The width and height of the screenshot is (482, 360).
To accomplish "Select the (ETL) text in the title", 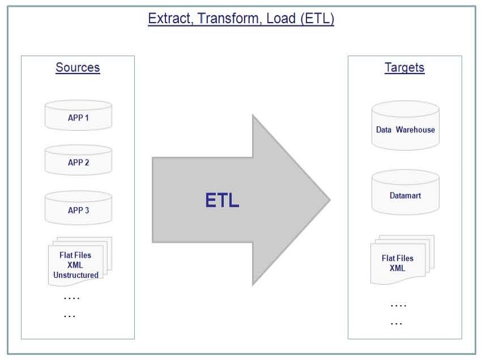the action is coord(317,19).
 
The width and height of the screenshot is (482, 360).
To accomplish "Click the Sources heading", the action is coord(78,67).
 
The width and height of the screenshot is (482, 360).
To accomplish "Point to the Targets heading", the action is coord(404,67).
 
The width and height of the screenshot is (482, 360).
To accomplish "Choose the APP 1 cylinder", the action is coord(78,115).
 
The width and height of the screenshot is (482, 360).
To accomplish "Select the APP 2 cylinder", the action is coord(78,160).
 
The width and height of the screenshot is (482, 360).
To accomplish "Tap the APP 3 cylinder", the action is coord(78,208).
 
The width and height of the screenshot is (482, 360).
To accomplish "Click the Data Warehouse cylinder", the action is coord(406,126).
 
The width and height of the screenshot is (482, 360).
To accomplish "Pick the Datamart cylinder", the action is coord(406,192).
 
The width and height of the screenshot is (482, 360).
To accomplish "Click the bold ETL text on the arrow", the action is coord(222,200).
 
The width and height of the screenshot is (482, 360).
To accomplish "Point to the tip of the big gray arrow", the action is coord(330,200).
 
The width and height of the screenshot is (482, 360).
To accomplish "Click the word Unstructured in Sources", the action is coord(76,275).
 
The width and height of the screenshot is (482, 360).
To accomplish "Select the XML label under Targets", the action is coord(398,268).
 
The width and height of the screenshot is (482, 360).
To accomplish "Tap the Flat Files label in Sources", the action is coord(75,255).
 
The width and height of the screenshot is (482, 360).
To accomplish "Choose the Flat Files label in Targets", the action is coord(398,258).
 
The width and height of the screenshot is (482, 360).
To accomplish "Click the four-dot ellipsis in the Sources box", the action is coord(71,298).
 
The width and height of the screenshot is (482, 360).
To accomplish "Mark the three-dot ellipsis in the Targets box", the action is coord(396,323).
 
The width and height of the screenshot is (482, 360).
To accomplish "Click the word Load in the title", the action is coord(281,19).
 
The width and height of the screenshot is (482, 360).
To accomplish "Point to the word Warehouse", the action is coord(415,130).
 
